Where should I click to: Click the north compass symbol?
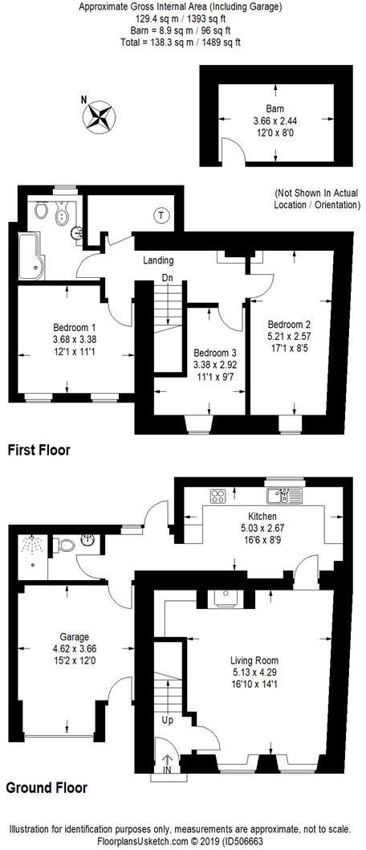coord(101,116)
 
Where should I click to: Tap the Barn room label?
coord(275,108)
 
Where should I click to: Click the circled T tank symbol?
coord(162,215)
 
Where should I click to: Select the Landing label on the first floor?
coord(158,260)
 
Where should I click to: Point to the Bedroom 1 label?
coord(75,327)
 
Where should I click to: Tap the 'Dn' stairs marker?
coord(167,277)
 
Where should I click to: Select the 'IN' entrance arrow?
coord(167,768)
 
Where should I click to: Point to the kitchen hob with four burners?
coord(217,496)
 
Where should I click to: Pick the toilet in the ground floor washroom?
coord(64,546)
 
